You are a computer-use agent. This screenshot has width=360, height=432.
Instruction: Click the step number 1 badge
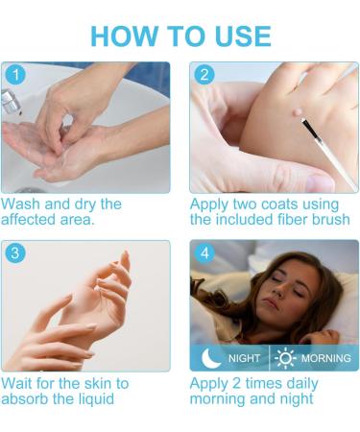(12, 75)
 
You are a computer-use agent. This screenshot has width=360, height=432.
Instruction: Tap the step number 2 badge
(202, 75)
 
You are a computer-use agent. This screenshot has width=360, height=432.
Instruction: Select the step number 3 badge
(12, 252)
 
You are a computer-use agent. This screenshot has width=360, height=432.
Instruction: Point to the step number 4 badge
(202, 252)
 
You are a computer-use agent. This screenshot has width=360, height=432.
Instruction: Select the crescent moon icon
(209, 358)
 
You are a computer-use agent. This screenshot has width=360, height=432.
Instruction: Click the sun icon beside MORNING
(285, 358)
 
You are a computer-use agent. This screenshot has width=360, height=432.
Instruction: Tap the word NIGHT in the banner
(244, 359)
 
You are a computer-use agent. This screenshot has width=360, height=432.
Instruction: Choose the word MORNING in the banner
(325, 359)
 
